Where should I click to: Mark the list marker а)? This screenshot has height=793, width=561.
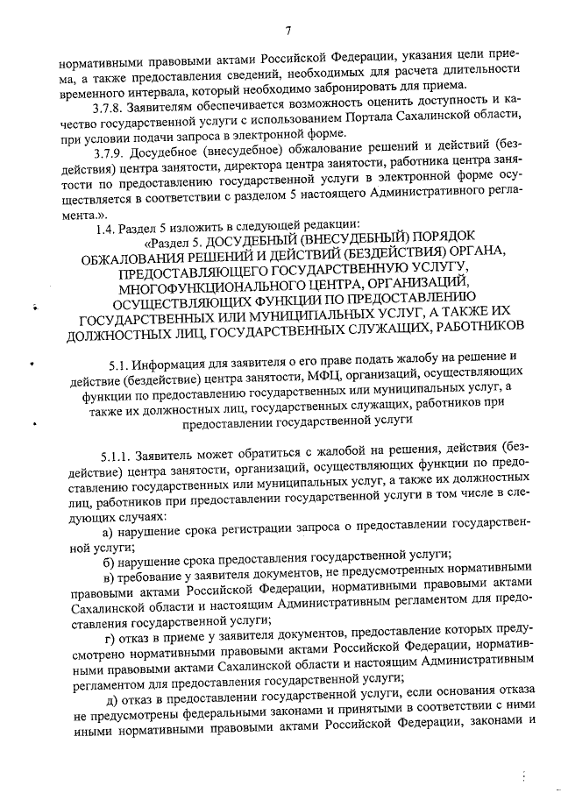click(108, 534)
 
